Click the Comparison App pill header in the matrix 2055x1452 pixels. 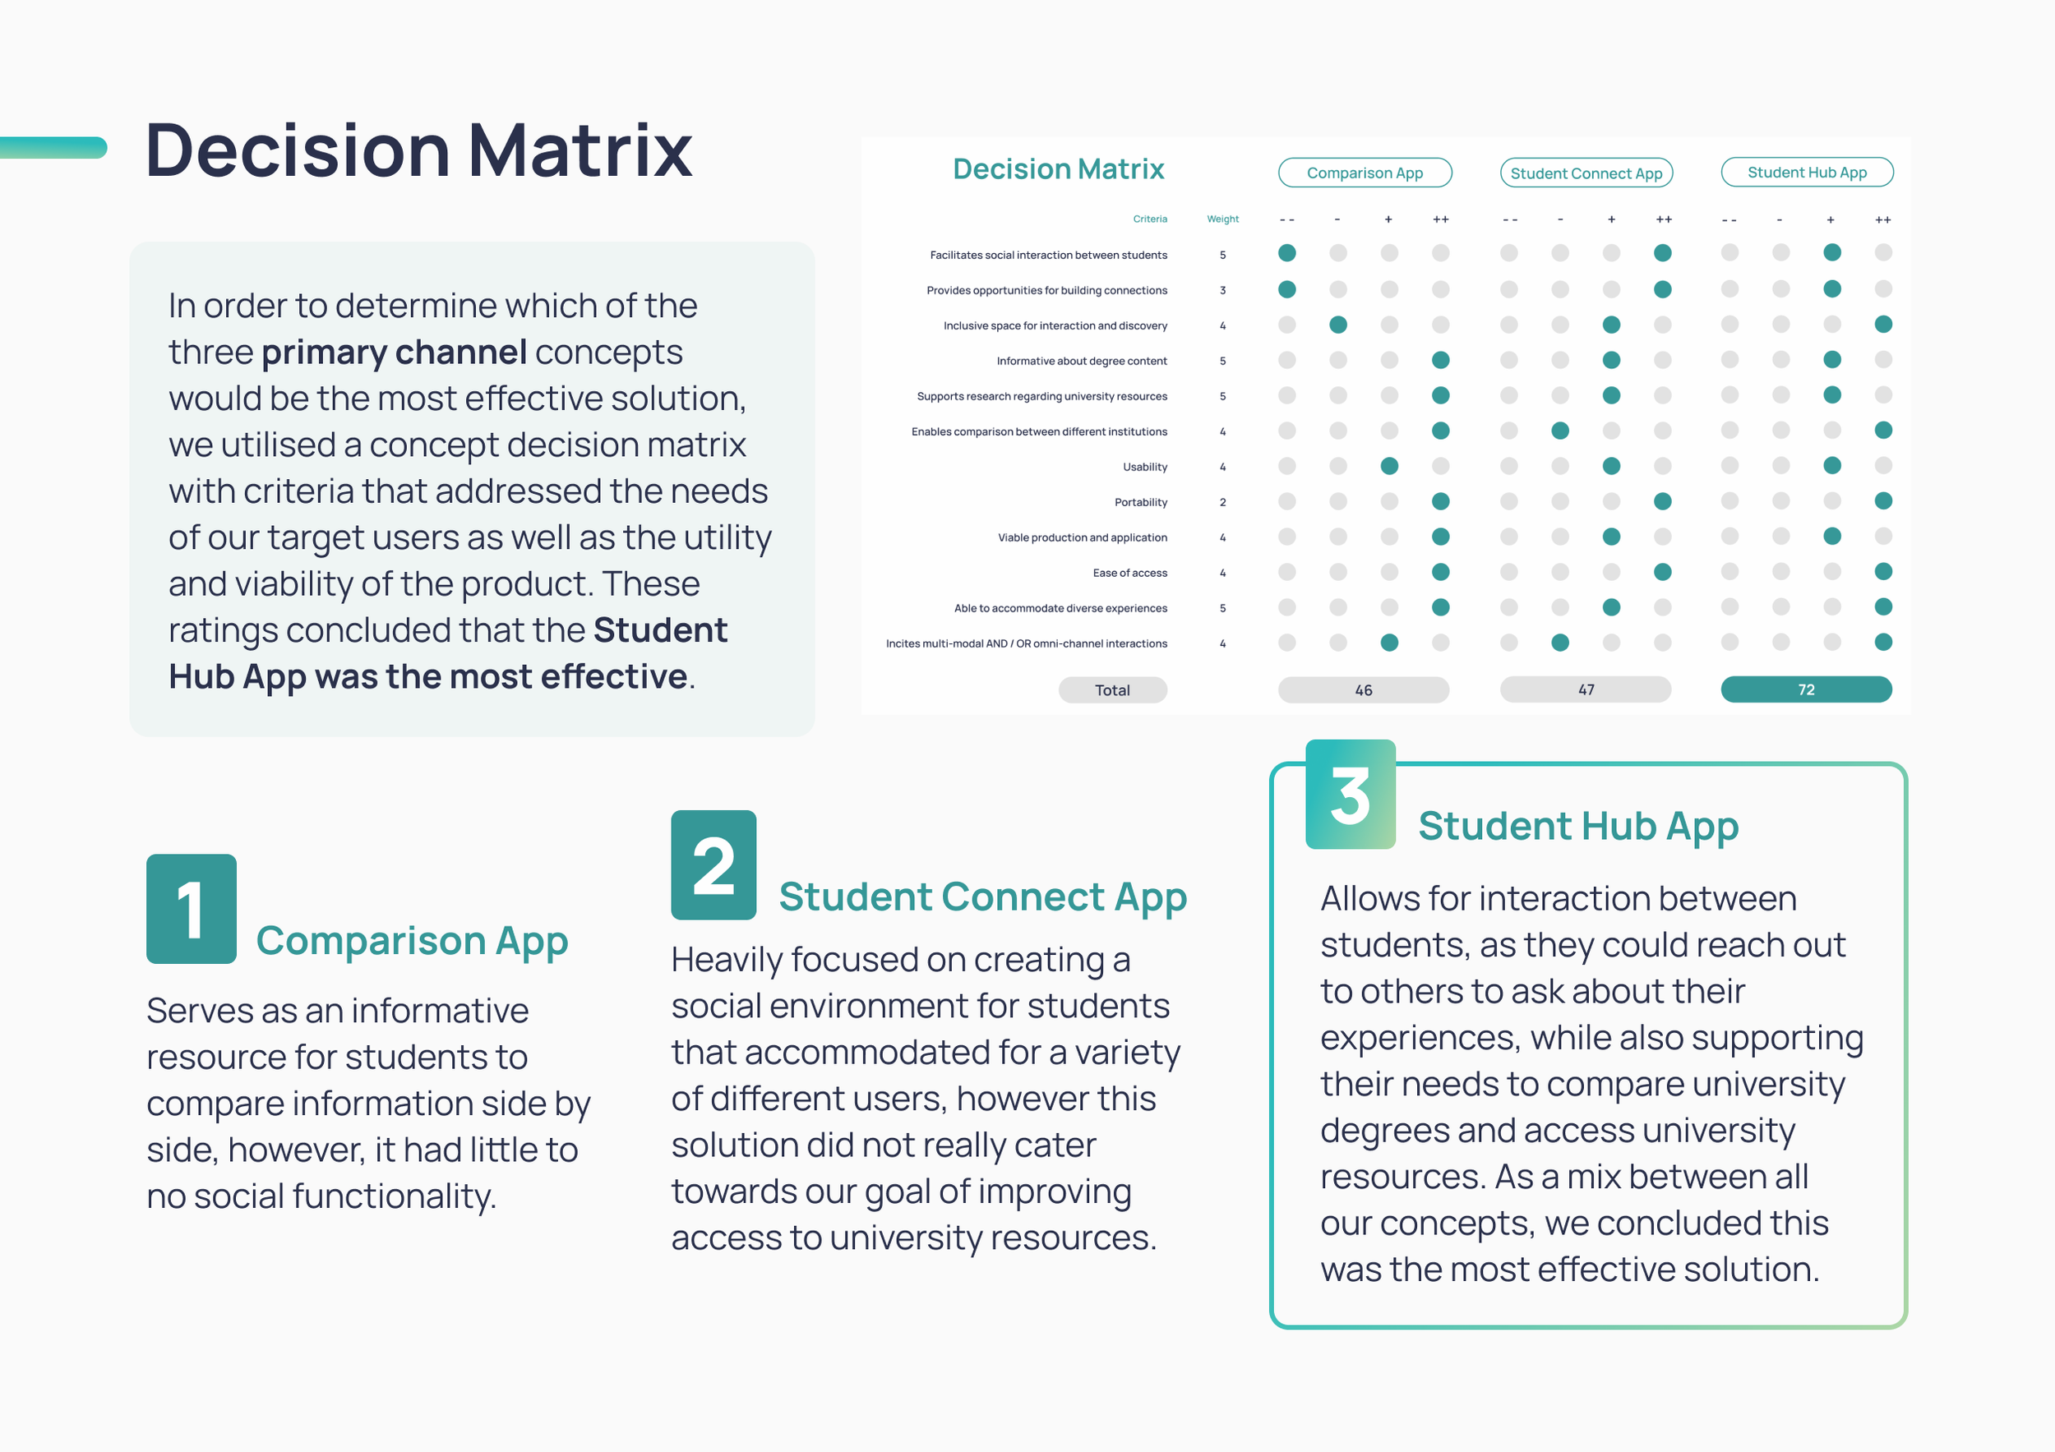coord(1364,173)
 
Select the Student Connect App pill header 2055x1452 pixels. coord(1586,173)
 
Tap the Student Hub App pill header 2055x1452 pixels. coord(1806,172)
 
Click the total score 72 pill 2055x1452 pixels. coord(1805,689)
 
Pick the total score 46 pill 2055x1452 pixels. coord(1363,689)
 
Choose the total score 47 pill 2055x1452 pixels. coord(1585,689)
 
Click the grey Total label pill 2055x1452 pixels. coord(1111,689)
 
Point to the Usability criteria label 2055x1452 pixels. coord(1145,467)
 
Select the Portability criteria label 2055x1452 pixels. coord(1140,502)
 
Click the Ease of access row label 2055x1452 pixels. coord(1129,573)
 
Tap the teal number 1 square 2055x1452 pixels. coord(191,908)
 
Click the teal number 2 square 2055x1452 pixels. coord(713,864)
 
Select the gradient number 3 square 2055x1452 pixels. coord(1350,794)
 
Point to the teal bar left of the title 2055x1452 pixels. coord(52,148)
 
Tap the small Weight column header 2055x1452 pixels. coord(1222,219)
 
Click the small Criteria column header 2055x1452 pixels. coord(1149,219)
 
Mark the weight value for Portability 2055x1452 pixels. coord(1222,502)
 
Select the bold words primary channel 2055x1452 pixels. coord(393,352)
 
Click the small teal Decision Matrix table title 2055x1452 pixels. coord(1058,169)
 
